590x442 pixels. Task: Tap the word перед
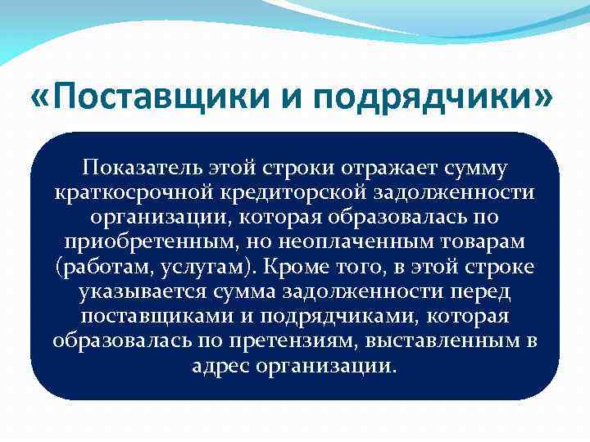coord(477,291)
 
